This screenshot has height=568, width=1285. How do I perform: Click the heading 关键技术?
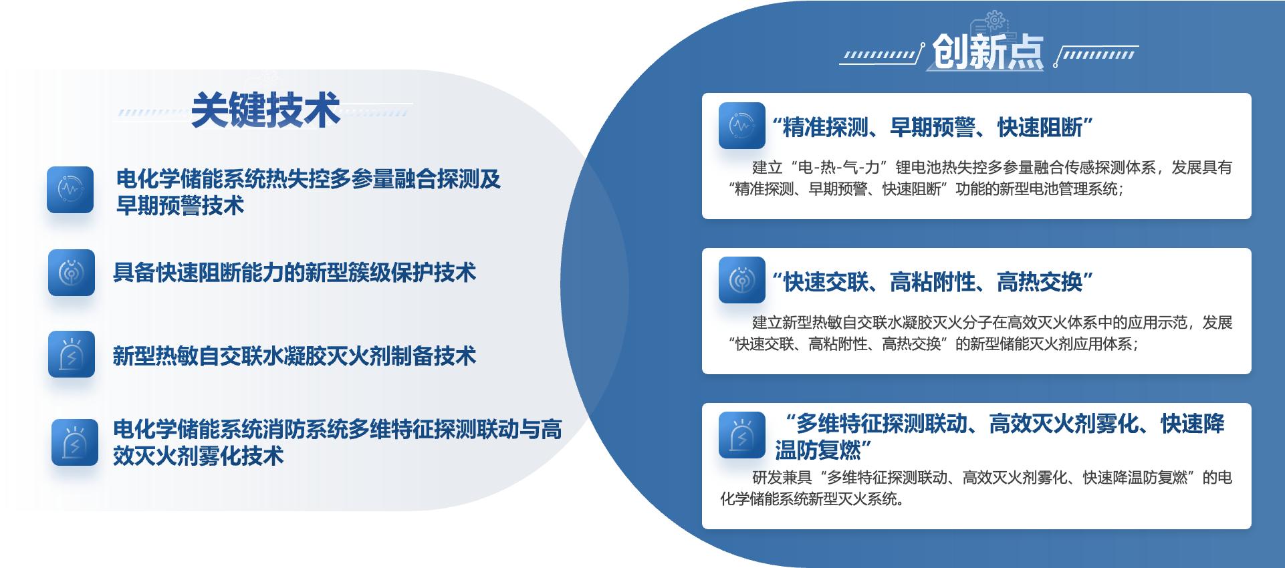pyautogui.click(x=265, y=110)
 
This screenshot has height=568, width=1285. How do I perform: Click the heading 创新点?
pyautogui.click(x=987, y=51)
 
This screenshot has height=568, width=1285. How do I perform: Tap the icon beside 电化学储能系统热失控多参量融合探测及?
pyautogui.click(x=70, y=190)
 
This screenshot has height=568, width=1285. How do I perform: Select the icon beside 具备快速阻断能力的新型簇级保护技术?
pyautogui.click(x=72, y=273)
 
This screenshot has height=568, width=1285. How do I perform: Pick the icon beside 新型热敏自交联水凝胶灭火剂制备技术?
pyautogui.click(x=72, y=354)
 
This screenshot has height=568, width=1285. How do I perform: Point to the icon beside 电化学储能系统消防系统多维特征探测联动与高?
pyautogui.click(x=75, y=442)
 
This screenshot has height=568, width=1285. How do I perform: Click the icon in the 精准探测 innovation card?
pyautogui.click(x=742, y=126)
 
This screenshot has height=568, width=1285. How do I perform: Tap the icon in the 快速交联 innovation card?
pyautogui.click(x=742, y=280)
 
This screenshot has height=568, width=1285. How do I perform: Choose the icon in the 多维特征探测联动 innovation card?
pyautogui.click(x=742, y=435)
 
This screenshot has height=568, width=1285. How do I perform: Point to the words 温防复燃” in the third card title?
pyautogui.click(x=824, y=450)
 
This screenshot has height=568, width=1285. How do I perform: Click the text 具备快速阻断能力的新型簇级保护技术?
pyautogui.click(x=294, y=273)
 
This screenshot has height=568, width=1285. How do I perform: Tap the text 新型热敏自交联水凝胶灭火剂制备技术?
pyautogui.click(x=294, y=356)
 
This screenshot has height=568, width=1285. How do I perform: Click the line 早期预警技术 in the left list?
pyautogui.click(x=181, y=205)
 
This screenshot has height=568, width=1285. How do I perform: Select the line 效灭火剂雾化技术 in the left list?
pyautogui.click(x=199, y=456)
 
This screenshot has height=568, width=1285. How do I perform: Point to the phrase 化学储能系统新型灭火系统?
pyautogui.click(x=812, y=499)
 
